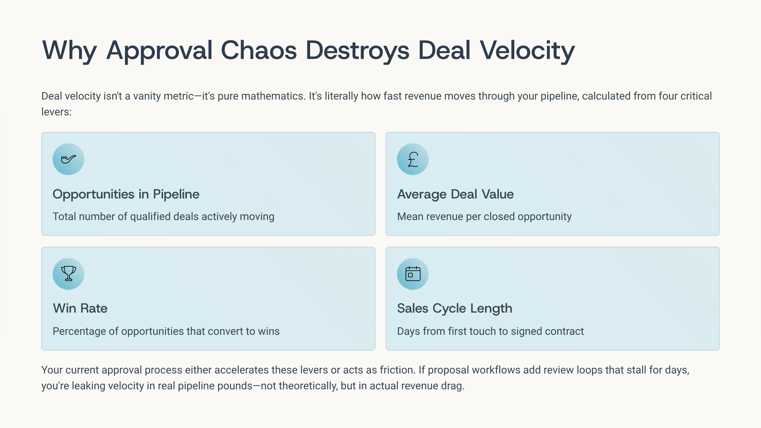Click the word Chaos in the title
[x=259, y=50]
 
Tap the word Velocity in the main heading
[x=527, y=51]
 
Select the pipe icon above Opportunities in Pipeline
[x=68, y=159]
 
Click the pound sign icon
[x=413, y=159]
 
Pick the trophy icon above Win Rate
[x=68, y=274]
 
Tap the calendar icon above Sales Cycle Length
[x=413, y=274]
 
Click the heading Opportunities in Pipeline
[x=126, y=194]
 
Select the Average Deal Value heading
[x=455, y=194]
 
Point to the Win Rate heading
[x=80, y=308]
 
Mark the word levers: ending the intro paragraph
[x=56, y=112]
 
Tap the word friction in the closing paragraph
[x=396, y=370]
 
